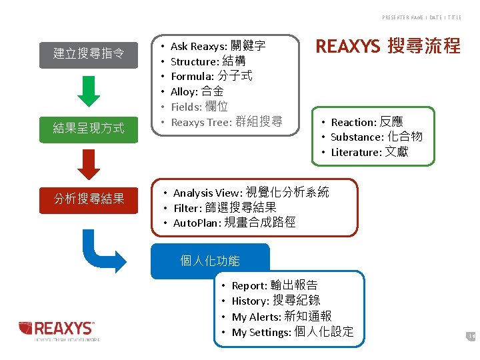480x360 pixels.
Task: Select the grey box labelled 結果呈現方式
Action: [x=89, y=128]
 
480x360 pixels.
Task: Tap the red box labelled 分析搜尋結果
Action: [x=89, y=198]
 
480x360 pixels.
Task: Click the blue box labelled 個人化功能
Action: [x=210, y=261]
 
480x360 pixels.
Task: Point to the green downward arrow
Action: [x=89, y=91]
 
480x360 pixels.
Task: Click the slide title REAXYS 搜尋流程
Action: [x=387, y=46]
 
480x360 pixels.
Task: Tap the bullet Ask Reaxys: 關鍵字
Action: [x=218, y=46]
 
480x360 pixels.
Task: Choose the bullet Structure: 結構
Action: [x=208, y=61]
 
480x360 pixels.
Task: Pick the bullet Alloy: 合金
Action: [x=197, y=91]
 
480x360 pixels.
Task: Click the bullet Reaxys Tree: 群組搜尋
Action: [x=227, y=122]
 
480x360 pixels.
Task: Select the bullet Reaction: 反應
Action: [x=367, y=122]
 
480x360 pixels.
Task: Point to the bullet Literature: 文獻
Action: [x=369, y=153]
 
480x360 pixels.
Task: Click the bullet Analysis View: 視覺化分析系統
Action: [x=251, y=193]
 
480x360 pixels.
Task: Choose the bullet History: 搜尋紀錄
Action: [x=275, y=301]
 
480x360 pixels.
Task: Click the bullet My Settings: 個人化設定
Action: [x=292, y=332]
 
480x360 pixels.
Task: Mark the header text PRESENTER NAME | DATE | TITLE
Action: [x=421, y=17]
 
